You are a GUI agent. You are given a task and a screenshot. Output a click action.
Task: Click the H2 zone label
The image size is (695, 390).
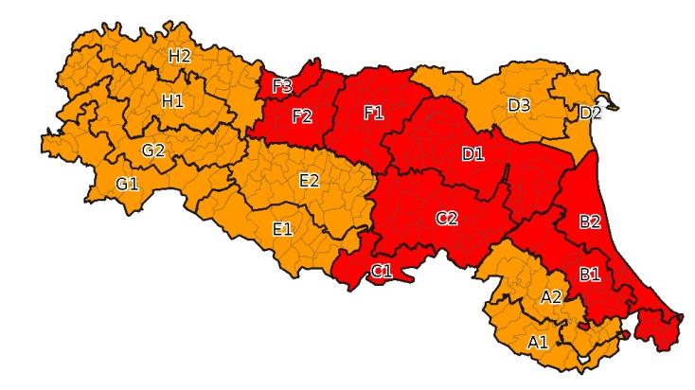click(x=180, y=56)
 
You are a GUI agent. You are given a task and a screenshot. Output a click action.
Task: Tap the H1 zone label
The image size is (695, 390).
click(x=172, y=100)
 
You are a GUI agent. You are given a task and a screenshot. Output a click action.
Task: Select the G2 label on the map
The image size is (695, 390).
click(x=153, y=150)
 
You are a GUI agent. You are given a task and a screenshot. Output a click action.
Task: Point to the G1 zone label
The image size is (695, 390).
click(x=127, y=184)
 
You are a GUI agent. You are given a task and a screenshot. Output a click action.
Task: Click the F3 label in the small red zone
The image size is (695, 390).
click(x=282, y=86)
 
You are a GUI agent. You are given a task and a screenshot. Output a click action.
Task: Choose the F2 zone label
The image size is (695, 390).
click(x=302, y=116)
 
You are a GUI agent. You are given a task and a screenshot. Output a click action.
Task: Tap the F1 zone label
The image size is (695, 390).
click(x=374, y=113)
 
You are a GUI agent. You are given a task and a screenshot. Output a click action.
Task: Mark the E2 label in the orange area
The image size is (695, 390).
click(x=309, y=180)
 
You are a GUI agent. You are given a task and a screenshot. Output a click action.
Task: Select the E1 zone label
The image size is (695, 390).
click(x=282, y=228)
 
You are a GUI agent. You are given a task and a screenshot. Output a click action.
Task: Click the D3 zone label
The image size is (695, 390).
click(x=519, y=104)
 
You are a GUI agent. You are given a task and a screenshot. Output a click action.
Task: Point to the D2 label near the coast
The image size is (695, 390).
click(x=590, y=113)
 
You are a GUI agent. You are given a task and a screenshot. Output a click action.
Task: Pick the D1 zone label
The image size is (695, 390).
click(x=472, y=154)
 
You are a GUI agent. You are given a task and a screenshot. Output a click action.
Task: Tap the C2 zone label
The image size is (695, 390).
click(x=447, y=219)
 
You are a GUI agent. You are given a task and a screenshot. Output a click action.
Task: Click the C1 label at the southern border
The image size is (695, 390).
click(x=382, y=273)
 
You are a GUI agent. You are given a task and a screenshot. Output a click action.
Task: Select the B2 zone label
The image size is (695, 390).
click(x=589, y=222)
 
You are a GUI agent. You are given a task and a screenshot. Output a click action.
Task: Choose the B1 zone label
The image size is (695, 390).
click(x=589, y=275)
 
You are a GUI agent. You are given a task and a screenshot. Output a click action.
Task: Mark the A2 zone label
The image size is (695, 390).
click(x=550, y=297)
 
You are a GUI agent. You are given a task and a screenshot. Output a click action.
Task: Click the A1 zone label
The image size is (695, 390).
click(x=538, y=341)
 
